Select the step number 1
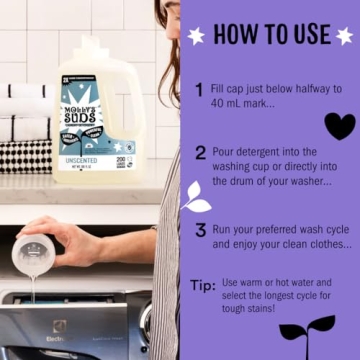pyautogui.click(x=200, y=90)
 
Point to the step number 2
pyautogui.click(x=200, y=153)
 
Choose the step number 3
pyautogui.click(x=200, y=229)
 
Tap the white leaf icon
pyautogui.click(x=196, y=198)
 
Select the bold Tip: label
pyautogui.click(x=203, y=285)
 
